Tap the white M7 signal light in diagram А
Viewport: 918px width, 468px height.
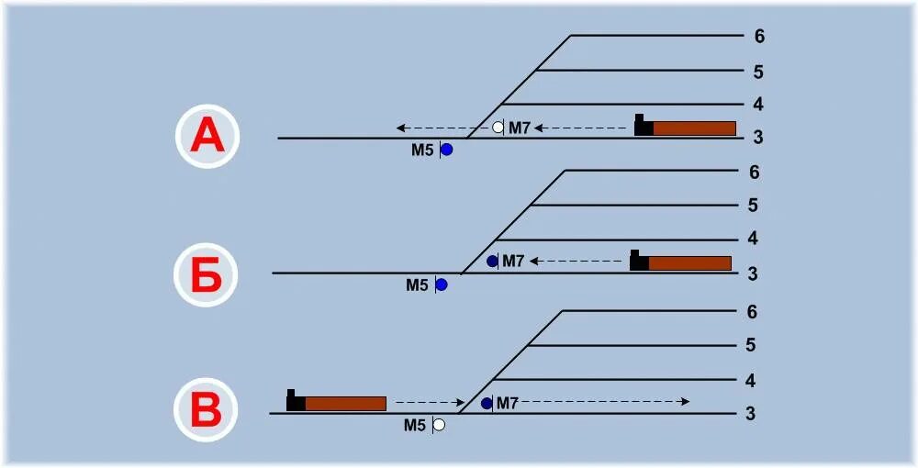coord(498,128)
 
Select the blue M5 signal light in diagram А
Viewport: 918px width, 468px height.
coord(446,150)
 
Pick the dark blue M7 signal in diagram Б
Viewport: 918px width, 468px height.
coord(492,262)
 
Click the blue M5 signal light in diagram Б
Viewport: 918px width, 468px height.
coord(441,284)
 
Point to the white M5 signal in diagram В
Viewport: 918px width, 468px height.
coord(439,425)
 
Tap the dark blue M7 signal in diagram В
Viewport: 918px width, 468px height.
coord(487,403)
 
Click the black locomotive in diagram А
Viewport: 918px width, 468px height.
coord(643,127)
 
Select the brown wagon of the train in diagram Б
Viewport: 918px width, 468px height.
coord(689,263)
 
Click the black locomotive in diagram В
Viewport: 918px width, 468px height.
coord(295,402)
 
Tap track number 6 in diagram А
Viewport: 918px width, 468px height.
coord(758,37)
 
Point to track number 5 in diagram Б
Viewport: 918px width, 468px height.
coord(753,206)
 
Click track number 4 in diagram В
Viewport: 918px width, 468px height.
coord(751,380)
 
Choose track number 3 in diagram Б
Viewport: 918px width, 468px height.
coord(753,273)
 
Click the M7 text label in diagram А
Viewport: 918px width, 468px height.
coord(520,128)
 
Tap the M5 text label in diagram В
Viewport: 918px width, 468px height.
coord(416,425)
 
